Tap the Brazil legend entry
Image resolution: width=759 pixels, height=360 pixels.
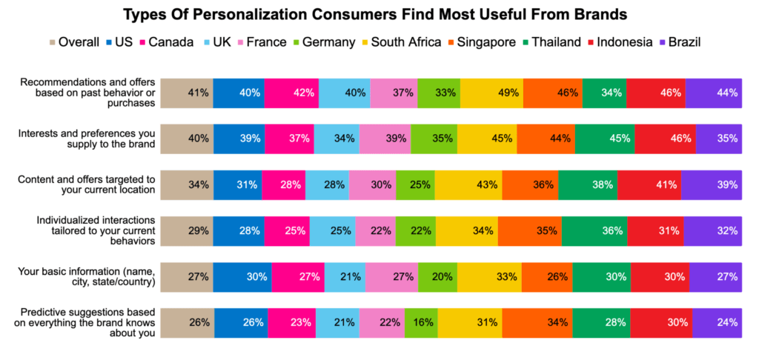coord(680,41)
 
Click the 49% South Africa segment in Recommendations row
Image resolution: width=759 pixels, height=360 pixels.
coord(491,93)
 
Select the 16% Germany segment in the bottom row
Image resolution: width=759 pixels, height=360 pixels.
coord(420,322)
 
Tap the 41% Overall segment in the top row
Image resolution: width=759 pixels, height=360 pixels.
coord(187,93)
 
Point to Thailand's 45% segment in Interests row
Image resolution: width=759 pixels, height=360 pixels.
coord(604,139)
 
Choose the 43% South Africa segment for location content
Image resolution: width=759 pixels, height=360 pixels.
coord(468,184)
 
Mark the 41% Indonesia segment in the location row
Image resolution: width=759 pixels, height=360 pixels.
coord(649,184)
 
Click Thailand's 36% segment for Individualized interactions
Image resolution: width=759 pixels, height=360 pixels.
coord(594,230)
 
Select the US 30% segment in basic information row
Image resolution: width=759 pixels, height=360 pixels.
coord(242,276)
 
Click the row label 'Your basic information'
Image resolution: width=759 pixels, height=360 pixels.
coord(87,276)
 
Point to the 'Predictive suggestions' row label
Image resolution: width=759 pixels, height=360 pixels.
coord(87,322)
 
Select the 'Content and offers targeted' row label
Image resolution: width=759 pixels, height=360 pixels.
coord(87,184)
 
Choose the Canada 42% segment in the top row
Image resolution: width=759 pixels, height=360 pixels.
coord(291,93)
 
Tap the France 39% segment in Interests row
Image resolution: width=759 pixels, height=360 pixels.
coord(385,139)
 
